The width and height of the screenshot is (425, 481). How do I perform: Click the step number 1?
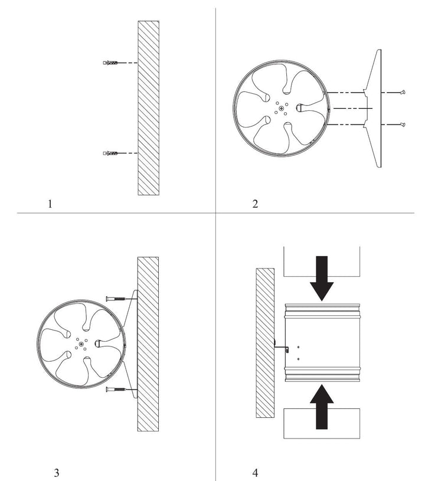pyautogui.click(x=50, y=204)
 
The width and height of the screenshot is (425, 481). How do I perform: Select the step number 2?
pyautogui.click(x=255, y=204)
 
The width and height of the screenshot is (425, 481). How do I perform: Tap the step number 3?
pyautogui.click(x=57, y=473)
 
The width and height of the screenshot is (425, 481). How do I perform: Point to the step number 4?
pyautogui.click(x=256, y=473)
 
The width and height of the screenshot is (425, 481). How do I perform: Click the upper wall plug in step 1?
pyautogui.click(x=110, y=63)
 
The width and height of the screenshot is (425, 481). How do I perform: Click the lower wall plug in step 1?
pyautogui.click(x=110, y=153)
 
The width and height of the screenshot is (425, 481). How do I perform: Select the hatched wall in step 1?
pyautogui.click(x=149, y=108)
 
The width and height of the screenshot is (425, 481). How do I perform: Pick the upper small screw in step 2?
pyautogui.click(x=403, y=92)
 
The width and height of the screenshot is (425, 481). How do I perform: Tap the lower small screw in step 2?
pyautogui.click(x=403, y=125)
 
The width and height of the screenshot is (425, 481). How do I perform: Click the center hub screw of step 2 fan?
pyautogui.click(x=282, y=108)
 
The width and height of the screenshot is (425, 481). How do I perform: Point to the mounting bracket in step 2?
pyautogui.click(x=372, y=108)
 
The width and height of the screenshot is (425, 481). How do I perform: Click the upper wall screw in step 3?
pyautogui.click(x=116, y=299)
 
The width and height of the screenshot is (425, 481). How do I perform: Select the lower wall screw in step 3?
pyautogui.click(x=116, y=390)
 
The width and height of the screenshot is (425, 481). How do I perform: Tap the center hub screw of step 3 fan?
pyautogui.click(x=81, y=344)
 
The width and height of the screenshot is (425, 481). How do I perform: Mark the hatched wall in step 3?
pyautogui.click(x=148, y=344)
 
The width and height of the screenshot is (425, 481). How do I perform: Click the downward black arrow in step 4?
pyautogui.click(x=322, y=278)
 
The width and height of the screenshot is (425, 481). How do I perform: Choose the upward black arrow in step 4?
pyautogui.click(x=322, y=407)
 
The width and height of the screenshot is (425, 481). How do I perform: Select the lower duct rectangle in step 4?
pyautogui.click(x=322, y=423)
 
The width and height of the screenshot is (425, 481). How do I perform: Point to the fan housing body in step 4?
pyautogui.click(x=322, y=343)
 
